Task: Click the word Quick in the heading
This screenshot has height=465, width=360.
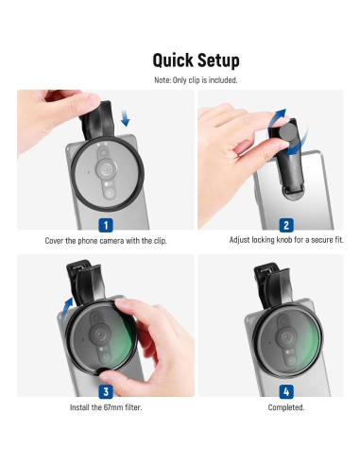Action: pyautogui.click(x=173, y=60)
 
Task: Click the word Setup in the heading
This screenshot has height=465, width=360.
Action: pyautogui.click(x=218, y=60)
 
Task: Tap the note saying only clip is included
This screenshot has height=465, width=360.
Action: pyautogui.click(x=196, y=80)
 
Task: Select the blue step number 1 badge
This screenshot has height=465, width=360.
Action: pyautogui.click(x=106, y=226)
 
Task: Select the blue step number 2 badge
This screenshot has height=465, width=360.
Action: pyautogui.click(x=286, y=226)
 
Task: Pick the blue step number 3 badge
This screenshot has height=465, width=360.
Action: pyautogui.click(x=106, y=391)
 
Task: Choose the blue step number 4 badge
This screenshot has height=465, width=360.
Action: pyautogui.click(x=286, y=391)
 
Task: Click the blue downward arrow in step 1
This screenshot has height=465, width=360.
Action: pyautogui.click(x=125, y=118)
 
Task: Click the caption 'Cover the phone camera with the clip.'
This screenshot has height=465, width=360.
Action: pyautogui.click(x=106, y=241)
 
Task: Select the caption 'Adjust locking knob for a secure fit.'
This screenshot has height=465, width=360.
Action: pyautogui.click(x=286, y=240)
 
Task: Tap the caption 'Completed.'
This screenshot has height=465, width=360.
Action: pyautogui.click(x=286, y=407)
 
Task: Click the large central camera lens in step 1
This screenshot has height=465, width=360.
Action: pyautogui.click(x=106, y=168)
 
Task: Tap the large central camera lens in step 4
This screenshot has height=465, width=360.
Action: pyautogui.click(x=286, y=337)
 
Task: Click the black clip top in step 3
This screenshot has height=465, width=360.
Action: pyautogui.click(x=85, y=281)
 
